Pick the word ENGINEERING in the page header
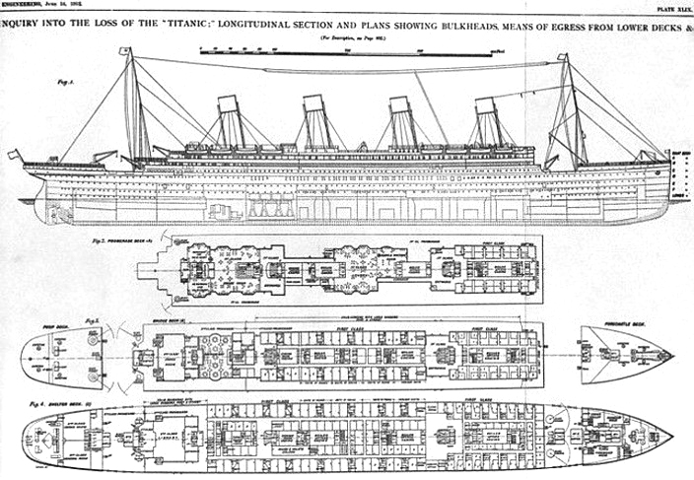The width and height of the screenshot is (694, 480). (22, 5)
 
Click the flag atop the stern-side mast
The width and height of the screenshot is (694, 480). (129, 50)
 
